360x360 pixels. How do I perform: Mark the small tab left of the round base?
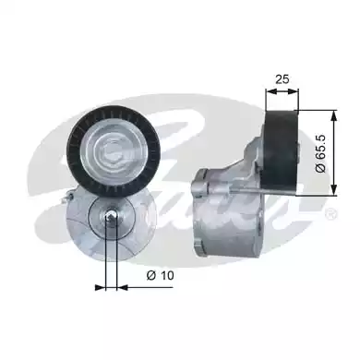66,198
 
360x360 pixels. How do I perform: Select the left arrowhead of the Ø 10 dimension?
101,285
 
